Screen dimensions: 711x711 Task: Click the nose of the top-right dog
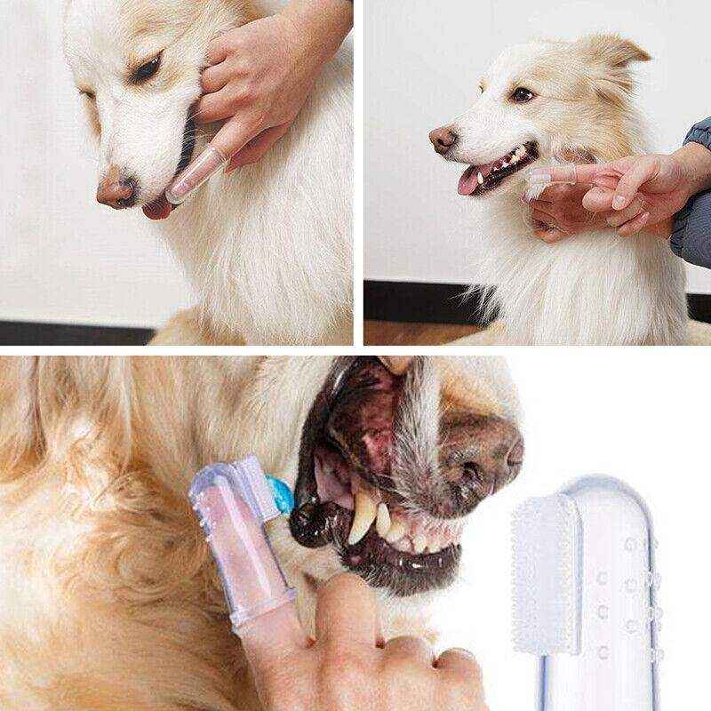pyautogui.click(x=442, y=138)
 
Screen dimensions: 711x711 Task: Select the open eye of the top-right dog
pyautogui.click(x=523, y=93)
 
